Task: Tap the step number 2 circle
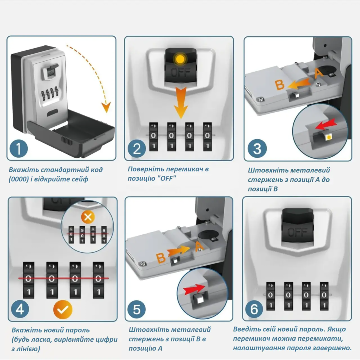137,148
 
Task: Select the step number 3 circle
257,148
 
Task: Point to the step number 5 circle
137,309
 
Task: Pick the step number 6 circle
254,309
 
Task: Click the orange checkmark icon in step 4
63,309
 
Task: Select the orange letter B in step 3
280,85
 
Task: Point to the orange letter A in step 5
198,246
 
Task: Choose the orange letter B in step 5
161,258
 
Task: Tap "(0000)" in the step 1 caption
21,179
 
